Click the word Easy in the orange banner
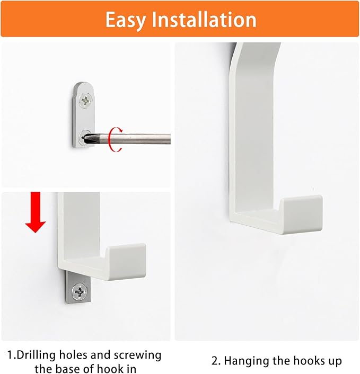pos(126,20)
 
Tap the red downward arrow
pos(36,212)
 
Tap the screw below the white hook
pos(81,290)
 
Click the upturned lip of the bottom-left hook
pos(127,254)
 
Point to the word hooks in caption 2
pos(307,361)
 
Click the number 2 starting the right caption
pos(214,361)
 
